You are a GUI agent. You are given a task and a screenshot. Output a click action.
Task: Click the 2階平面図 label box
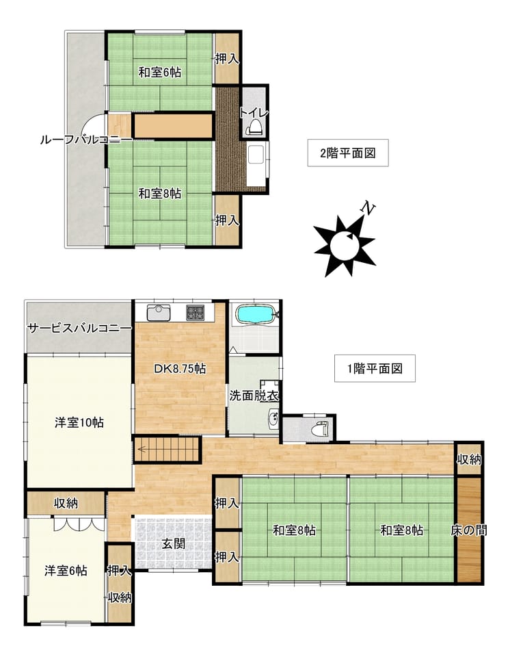click(x=348, y=153)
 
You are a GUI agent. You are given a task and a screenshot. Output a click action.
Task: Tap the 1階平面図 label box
click(x=375, y=368)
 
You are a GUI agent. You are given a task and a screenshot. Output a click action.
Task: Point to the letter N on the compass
click(x=368, y=208)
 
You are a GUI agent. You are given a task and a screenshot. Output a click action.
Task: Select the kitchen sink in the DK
click(x=159, y=313)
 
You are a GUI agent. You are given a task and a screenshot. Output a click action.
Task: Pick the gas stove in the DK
click(x=195, y=312)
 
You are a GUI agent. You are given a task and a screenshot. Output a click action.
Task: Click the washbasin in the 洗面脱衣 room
click(x=273, y=419)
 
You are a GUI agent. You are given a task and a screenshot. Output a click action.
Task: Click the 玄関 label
click(x=174, y=544)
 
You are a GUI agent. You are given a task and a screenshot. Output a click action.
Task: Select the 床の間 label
click(x=468, y=530)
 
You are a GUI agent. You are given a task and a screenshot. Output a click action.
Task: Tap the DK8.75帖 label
click(x=180, y=369)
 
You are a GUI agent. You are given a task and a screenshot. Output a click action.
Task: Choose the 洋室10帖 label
click(x=79, y=422)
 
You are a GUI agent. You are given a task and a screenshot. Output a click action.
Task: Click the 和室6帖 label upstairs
click(x=160, y=73)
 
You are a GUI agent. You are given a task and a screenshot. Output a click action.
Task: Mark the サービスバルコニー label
click(x=80, y=328)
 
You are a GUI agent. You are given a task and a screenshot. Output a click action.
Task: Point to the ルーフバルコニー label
click(x=86, y=140)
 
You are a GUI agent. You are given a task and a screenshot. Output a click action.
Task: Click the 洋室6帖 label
click(x=66, y=571)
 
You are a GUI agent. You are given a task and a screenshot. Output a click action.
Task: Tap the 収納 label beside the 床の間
click(x=469, y=460)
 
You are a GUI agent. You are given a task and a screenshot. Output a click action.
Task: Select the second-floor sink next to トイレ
click(x=256, y=164)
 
